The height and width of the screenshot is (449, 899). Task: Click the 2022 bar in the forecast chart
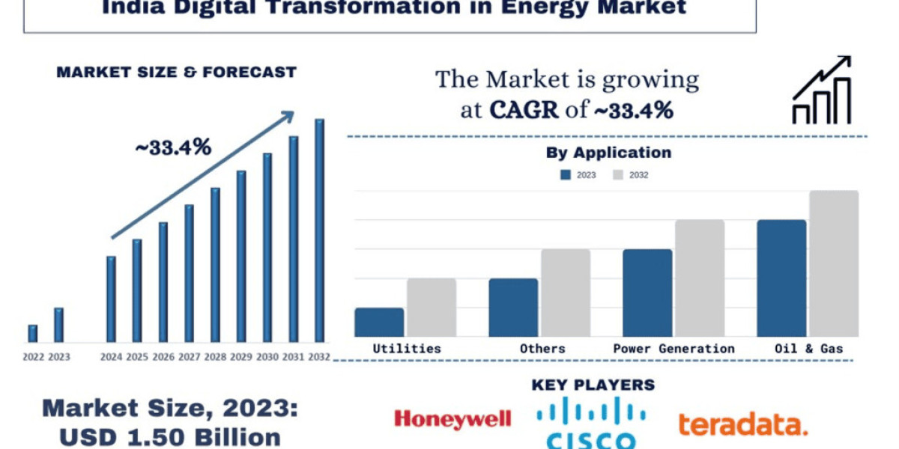click(32, 334)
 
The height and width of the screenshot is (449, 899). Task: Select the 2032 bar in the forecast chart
click(319, 230)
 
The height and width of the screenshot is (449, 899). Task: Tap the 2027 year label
click(190, 357)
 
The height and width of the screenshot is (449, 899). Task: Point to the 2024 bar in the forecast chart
click(111, 299)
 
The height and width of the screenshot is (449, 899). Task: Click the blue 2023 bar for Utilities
click(379, 323)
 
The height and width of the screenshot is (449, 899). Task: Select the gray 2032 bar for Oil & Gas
click(833, 263)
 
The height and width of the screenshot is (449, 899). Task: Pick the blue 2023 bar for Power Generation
click(647, 293)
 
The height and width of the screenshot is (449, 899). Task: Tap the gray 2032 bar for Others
click(566, 293)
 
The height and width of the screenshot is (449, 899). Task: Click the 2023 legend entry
click(578, 175)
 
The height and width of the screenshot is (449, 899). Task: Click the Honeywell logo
click(452, 419)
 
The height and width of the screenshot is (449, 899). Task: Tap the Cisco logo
click(591, 424)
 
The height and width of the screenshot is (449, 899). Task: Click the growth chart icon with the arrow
click(822, 90)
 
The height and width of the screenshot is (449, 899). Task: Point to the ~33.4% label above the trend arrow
click(173, 147)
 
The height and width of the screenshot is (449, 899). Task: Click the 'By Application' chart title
click(608, 153)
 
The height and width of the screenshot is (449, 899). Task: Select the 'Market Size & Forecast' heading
click(177, 73)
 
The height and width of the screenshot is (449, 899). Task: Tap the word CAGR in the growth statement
click(524, 110)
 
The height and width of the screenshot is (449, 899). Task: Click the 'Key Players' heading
click(593, 385)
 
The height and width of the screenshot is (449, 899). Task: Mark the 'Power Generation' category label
click(674, 349)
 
